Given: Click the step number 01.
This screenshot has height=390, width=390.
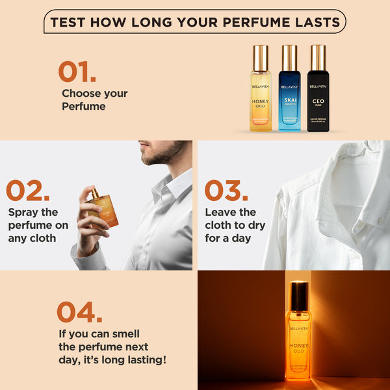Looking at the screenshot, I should pos(77,71).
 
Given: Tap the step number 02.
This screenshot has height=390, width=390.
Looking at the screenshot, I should pos(27,190).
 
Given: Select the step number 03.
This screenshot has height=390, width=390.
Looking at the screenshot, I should pos(226,190).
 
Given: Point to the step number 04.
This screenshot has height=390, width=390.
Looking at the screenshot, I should pos(79,312).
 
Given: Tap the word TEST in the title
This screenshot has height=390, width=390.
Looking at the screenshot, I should pos(69,22).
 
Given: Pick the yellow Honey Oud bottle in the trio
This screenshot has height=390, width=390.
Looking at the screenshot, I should pos(260,91).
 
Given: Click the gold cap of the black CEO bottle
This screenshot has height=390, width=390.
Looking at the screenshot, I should pos(318,57).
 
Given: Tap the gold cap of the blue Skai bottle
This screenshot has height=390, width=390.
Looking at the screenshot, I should pos(290,57).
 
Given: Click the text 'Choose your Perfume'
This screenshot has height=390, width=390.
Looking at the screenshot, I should pos(94,99).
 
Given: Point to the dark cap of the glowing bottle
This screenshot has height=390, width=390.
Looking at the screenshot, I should pos(298,296).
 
